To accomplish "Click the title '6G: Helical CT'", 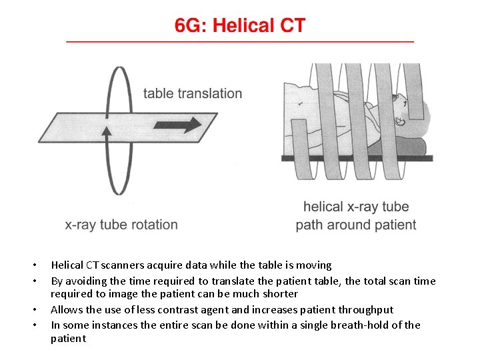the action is click(x=240, y=26).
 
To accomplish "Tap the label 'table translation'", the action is click(x=193, y=93).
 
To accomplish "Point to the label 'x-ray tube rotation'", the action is click(x=121, y=225).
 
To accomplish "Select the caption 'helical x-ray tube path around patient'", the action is click(x=356, y=216).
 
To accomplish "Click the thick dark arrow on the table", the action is click(x=177, y=125).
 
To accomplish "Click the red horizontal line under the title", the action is click(x=240, y=41).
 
